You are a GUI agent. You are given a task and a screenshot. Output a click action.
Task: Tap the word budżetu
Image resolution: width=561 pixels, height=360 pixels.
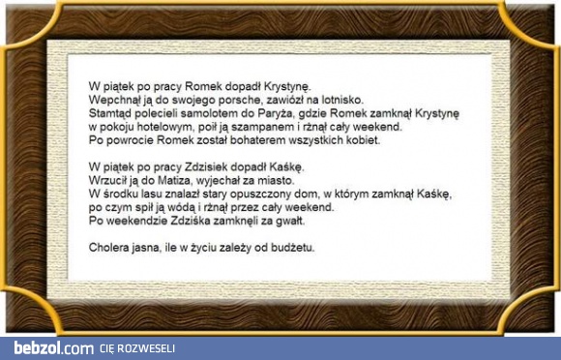pos(291,247)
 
